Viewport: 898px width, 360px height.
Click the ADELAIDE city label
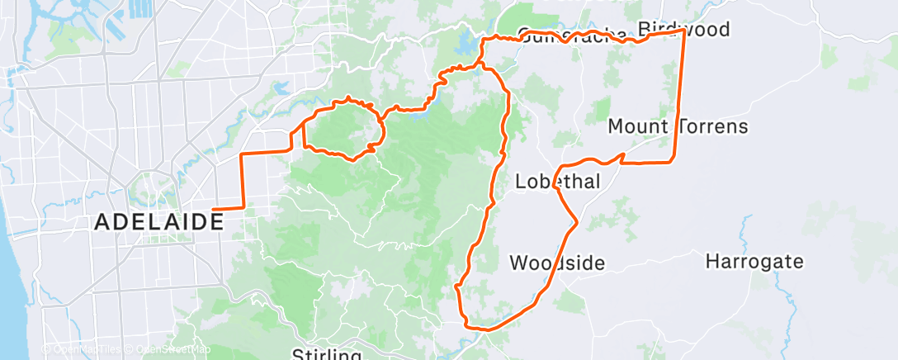158,221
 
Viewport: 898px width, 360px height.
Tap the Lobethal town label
557,181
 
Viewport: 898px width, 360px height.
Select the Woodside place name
557,263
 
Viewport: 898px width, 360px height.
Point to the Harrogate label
754,263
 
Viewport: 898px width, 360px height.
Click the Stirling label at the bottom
327,354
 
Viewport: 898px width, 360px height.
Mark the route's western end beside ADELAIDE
214,208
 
